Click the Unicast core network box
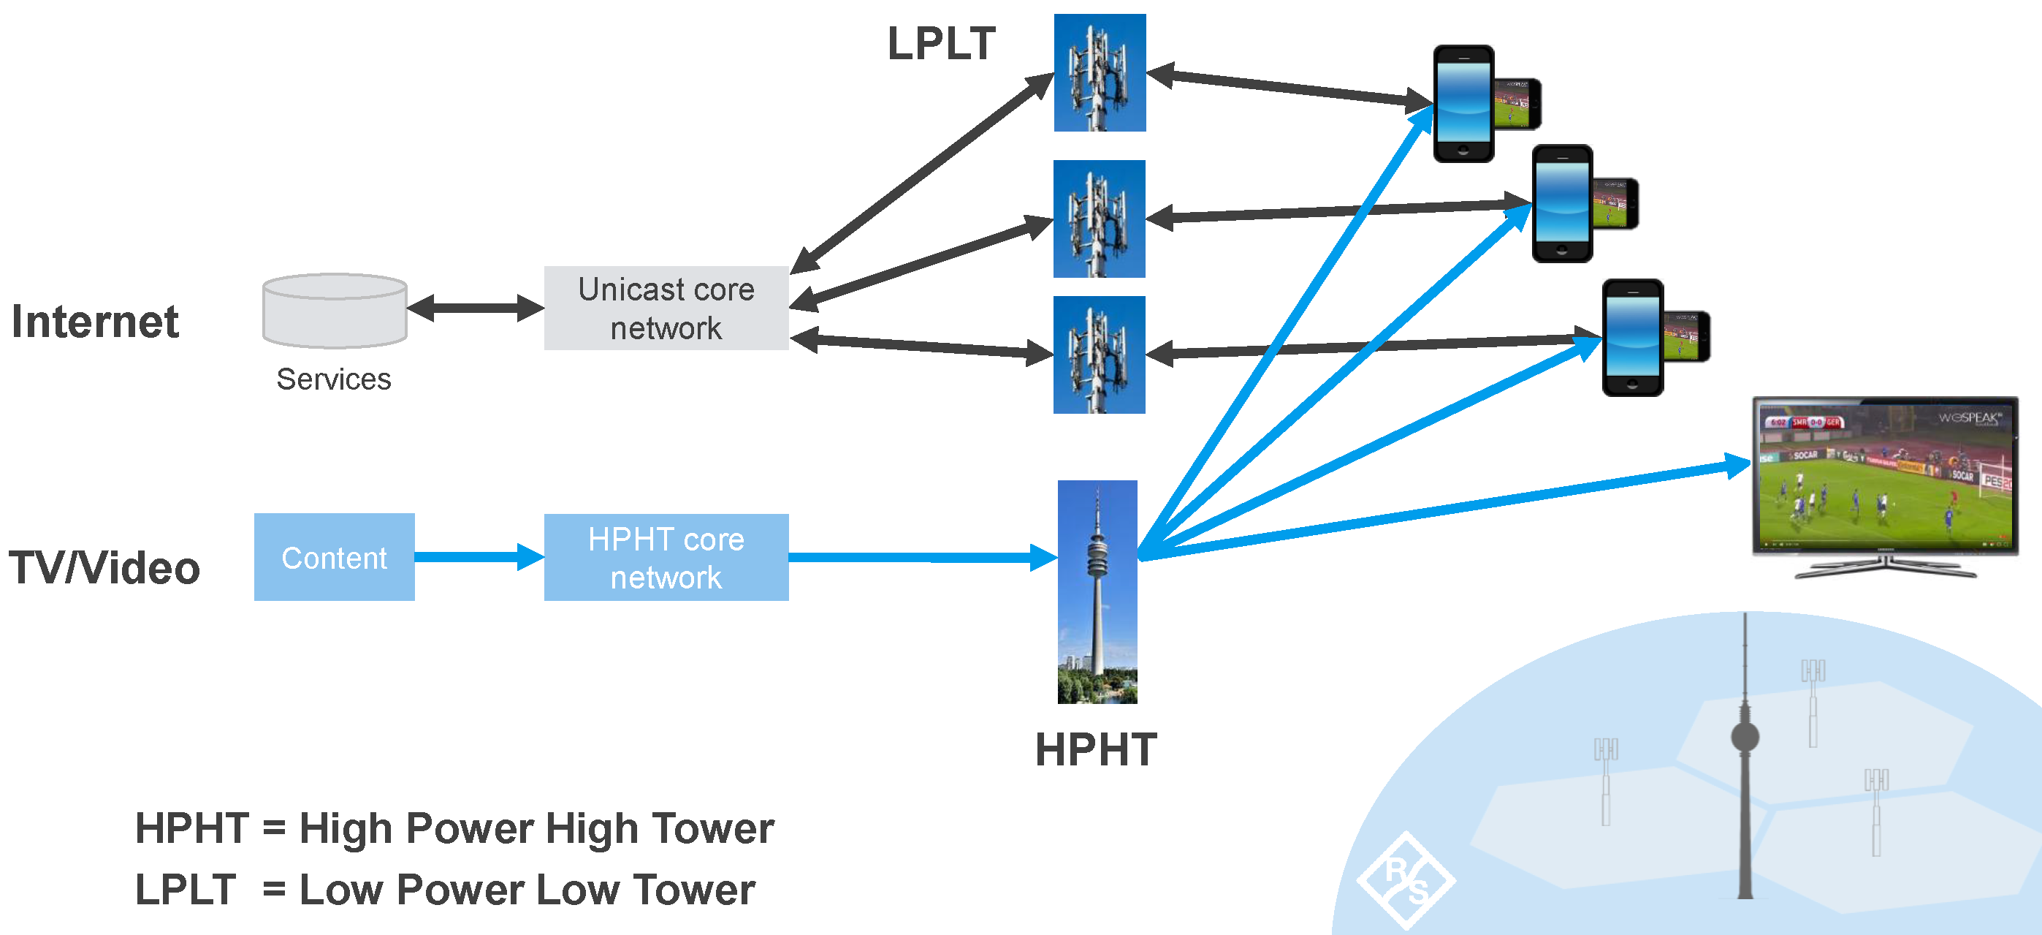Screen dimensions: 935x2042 pos(666,308)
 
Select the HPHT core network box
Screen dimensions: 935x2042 pos(666,558)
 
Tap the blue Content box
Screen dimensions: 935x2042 pos(334,557)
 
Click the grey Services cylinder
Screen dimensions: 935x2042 pos(335,311)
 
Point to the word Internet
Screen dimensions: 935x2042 pos(95,322)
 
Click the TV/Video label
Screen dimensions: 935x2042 pos(104,568)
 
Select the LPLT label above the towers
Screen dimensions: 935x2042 pos(941,44)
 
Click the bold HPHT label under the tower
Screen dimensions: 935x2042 pos(1097,749)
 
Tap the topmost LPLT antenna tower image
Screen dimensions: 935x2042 pos(1100,72)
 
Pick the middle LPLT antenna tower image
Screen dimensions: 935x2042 pos(1099,219)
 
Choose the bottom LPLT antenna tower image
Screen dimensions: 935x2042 pos(1099,355)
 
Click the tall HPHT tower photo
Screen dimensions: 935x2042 pos(1097,591)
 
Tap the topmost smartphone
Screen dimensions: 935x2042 pos(1463,104)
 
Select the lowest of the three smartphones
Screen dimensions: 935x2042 pos(1632,337)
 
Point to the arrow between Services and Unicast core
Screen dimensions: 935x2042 pos(475,308)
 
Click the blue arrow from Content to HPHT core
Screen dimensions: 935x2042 pos(479,557)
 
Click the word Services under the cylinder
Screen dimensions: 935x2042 pos(334,379)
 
